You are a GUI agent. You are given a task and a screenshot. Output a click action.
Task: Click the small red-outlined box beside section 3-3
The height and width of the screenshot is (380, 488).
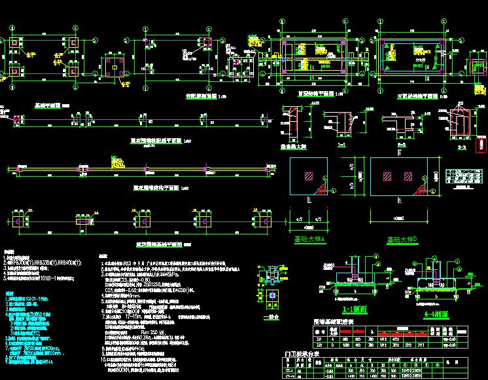(481, 144)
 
